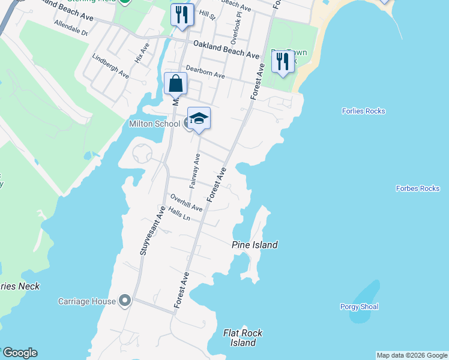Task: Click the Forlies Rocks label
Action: pyautogui.click(x=363, y=111)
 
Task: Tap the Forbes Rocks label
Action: pyautogui.click(x=418, y=188)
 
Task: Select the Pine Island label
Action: pyautogui.click(x=255, y=245)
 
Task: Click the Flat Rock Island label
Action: pyautogui.click(x=243, y=338)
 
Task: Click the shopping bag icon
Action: pyautogui.click(x=175, y=84)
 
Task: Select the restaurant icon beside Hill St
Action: pyautogui.click(x=182, y=14)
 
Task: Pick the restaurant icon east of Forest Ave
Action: pyautogui.click(x=282, y=61)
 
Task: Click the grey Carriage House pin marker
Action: pyautogui.click(x=125, y=300)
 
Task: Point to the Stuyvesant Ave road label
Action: pyautogui.click(x=151, y=231)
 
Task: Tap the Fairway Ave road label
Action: pyautogui.click(x=194, y=171)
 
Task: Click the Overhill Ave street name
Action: pyautogui.click(x=186, y=202)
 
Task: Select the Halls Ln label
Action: pyautogui.click(x=179, y=214)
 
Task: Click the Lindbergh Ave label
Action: pyautogui.click(x=110, y=67)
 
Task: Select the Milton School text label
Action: pyautogui.click(x=154, y=124)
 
